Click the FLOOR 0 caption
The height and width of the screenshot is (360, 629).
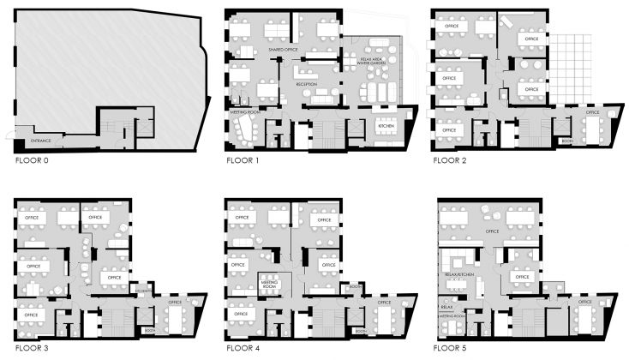tap(32, 160)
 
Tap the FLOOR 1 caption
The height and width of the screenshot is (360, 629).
tap(243, 160)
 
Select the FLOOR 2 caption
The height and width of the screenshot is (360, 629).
tap(450, 160)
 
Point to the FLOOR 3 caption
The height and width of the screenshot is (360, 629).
tap(32, 350)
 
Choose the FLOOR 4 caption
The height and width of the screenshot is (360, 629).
tap(243, 350)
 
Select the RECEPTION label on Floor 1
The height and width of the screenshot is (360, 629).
tap(306, 84)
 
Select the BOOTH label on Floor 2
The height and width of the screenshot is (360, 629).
tap(566, 141)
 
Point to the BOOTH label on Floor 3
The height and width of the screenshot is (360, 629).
tap(148, 330)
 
